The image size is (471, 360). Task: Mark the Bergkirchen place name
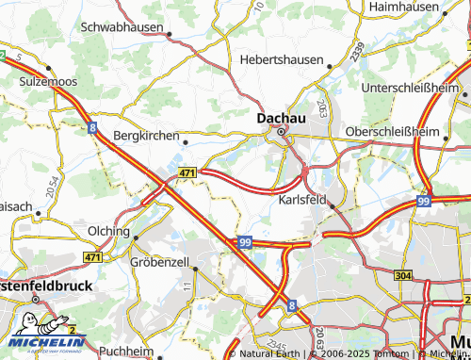pos(145,136)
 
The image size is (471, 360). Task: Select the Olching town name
pos(107,231)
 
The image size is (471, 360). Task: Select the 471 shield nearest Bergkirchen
pos(187,173)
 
